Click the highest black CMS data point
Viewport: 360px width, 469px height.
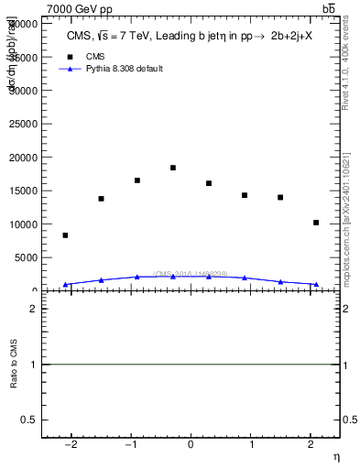point(173,168)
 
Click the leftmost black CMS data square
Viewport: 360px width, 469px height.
point(65,235)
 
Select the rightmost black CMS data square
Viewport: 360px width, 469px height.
point(316,223)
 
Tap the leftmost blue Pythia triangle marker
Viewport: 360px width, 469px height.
point(65,285)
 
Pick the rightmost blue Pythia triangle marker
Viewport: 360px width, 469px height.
point(316,284)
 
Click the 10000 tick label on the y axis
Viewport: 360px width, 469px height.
point(27,224)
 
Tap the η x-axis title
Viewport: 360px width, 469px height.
point(335,456)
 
